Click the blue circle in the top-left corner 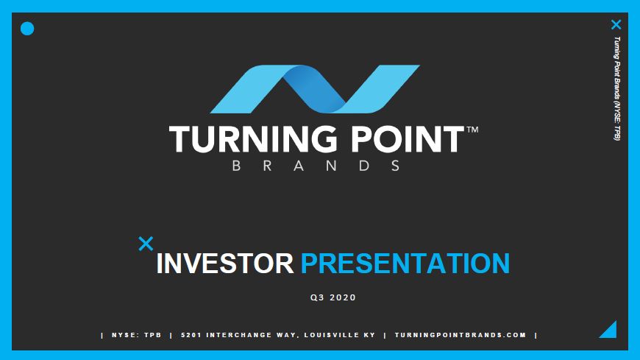[x=27, y=29]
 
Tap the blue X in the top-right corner [x=616, y=24]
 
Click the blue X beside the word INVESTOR [x=146, y=244]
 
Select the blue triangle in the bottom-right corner [x=608, y=329]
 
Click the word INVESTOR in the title [x=225, y=263]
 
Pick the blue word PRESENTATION [x=405, y=263]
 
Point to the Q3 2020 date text [x=333, y=297]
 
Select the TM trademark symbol [x=472, y=130]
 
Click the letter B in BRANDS [x=236, y=166]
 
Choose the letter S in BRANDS [x=396, y=166]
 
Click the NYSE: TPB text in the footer [x=137, y=335]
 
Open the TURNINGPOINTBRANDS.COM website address [x=461, y=335]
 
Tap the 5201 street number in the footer [x=191, y=335]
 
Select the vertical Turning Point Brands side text [x=616, y=88]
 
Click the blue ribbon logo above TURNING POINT [x=315, y=89]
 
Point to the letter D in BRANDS [x=364, y=166]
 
